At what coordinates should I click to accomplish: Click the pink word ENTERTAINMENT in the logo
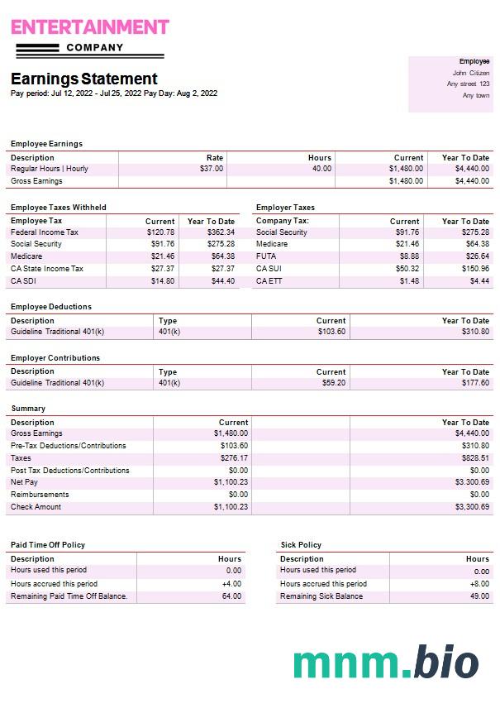pos(89,26)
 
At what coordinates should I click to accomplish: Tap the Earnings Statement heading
pos(83,79)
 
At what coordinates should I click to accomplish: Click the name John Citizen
pos(471,73)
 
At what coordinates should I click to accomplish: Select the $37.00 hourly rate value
pos(212,169)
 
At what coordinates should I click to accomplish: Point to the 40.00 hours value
pos(321,169)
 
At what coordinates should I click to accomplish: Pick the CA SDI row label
pos(24,280)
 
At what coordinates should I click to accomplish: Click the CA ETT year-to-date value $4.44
pos(479,281)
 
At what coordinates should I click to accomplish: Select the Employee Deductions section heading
pos(51,307)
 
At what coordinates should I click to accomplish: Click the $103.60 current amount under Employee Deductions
pos(331,332)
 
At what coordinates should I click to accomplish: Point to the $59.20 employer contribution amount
pos(334,383)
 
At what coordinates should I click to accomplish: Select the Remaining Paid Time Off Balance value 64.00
pos(232,596)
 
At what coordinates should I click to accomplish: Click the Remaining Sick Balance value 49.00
pos(479,596)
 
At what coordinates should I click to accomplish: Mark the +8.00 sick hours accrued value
pos(479,584)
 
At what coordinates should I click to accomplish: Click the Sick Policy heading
pos(301,545)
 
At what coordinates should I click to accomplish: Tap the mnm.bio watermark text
pos(386,663)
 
